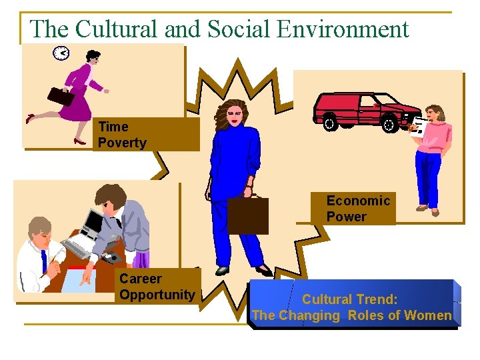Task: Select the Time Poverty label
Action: tap(122, 135)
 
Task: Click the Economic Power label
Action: tap(358, 209)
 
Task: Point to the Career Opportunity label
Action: tap(157, 287)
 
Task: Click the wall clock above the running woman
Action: tap(61, 53)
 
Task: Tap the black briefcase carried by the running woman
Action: tap(61, 97)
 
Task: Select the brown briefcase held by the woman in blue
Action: tap(247, 215)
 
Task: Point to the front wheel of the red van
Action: tap(389, 123)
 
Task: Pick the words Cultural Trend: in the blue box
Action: tap(351, 299)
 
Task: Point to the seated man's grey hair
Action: tap(40, 225)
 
